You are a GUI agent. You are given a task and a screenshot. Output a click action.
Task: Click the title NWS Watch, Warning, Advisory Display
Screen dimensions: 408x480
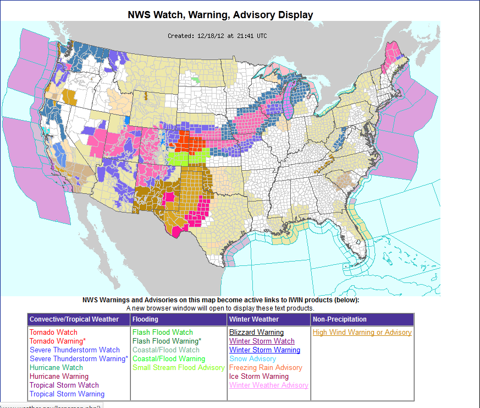pos(220,15)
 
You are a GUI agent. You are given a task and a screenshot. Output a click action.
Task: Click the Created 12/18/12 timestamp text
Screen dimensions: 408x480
pos(217,36)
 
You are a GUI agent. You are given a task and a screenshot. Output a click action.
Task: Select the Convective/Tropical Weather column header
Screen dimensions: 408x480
pos(74,319)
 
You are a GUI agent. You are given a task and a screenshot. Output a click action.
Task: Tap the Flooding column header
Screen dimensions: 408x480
pos(145,319)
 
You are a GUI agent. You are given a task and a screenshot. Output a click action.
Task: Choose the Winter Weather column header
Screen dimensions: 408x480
pos(254,319)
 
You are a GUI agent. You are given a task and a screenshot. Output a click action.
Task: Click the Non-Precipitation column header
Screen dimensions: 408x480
pos(340,319)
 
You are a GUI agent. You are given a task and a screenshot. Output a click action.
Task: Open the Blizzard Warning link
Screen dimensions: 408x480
pos(256,333)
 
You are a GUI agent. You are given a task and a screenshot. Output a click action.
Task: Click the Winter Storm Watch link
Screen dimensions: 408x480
pos(262,341)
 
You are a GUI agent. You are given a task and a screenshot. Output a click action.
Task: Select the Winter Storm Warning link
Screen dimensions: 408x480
pos(264,350)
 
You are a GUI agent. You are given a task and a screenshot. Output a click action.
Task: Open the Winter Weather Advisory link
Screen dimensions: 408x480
pos(268,385)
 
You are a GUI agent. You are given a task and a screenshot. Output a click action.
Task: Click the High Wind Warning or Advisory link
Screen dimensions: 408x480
pos(362,333)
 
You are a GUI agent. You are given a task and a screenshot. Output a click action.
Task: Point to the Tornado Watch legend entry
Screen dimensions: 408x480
pos(53,333)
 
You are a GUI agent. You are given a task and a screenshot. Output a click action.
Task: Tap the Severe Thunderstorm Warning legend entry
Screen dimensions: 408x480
pos(79,359)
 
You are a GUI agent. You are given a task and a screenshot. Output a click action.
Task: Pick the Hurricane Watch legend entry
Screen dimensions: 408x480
pos(56,368)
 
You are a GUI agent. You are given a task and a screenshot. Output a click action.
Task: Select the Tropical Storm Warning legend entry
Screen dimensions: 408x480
pos(67,394)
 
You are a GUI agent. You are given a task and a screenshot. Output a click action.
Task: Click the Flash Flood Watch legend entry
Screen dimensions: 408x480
pos(163,333)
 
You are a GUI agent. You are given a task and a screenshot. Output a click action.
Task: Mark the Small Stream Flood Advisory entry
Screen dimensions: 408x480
pos(178,368)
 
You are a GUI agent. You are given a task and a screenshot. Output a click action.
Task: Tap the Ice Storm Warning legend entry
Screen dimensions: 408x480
pos(258,377)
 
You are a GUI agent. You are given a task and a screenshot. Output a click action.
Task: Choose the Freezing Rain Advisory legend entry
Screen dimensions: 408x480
pos(266,368)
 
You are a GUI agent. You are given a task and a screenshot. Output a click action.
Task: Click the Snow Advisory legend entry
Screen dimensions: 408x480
pos(252,359)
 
